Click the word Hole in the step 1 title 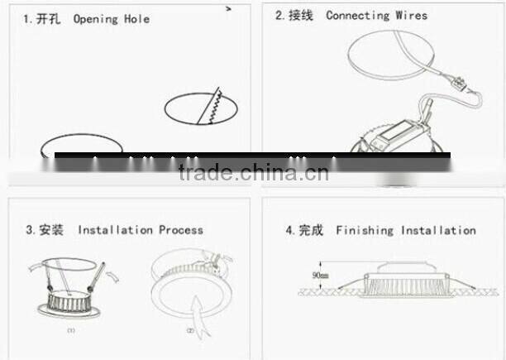point(137,18)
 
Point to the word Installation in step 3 point(117,230)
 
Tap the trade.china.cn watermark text point(253,173)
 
